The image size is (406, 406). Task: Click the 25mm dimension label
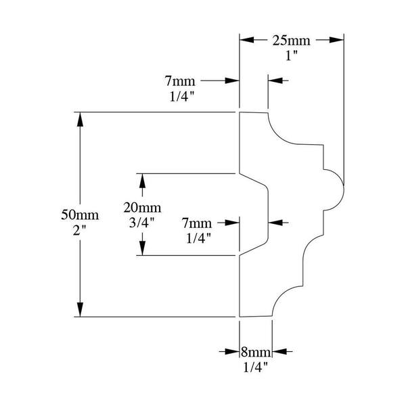pos(291,41)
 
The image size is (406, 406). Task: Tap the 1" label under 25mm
pos(292,55)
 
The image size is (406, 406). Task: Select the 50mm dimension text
pos(80,215)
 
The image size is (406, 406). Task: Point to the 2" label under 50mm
pos(80,230)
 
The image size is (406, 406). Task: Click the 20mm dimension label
pos(142,208)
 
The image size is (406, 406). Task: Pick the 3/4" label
pos(142,223)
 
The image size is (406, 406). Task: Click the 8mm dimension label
pos(256,352)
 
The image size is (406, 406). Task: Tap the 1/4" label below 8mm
pos(255,367)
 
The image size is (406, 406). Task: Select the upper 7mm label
pos(180,81)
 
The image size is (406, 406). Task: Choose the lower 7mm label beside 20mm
pos(197,223)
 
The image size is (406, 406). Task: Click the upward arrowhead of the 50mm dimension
pos(80,119)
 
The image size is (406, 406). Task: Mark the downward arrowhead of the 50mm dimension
pos(80,309)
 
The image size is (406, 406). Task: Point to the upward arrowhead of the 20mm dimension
pos(142,181)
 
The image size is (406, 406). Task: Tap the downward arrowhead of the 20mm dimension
pos(142,248)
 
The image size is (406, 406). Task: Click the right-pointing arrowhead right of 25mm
pos(336,40)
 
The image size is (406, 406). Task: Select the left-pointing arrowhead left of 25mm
pos(247,40)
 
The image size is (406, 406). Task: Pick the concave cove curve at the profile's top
pos(277,135)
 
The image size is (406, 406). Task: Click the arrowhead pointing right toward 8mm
pos(232,352)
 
